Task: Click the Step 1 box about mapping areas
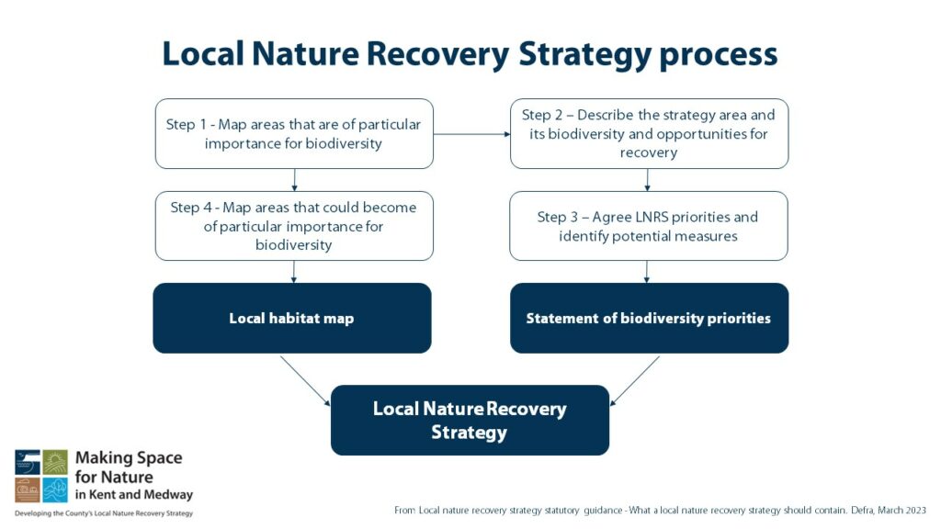[294, 134]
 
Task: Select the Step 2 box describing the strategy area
[649, 134]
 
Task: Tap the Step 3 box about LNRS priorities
[649, 226]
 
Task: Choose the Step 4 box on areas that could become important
[294, 226]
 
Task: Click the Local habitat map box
[291, 319]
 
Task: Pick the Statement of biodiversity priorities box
[649, 319]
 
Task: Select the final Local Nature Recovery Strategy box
[470, 421]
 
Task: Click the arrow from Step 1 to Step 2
[471, 134]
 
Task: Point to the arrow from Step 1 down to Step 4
[294, 180]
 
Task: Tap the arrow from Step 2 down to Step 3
[649, 180]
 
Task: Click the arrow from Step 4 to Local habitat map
[294, 272]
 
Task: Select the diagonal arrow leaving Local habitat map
[305, 380]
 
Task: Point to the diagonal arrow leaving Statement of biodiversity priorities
[635, 380]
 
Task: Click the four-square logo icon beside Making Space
[41, 476]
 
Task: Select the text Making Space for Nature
[129, 467]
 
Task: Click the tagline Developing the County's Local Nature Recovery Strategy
[104, 513]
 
